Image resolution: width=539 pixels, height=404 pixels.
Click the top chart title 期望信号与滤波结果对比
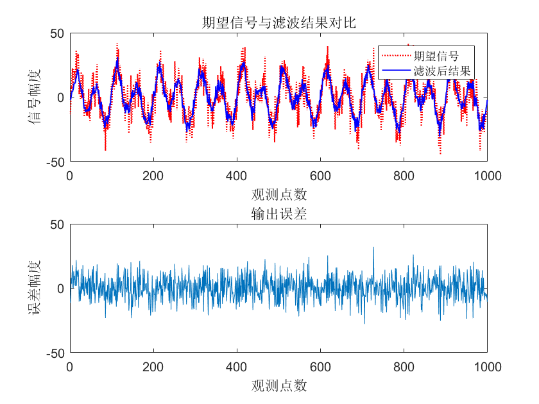point(278,24)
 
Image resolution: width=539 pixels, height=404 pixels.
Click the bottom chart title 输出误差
point(278,215)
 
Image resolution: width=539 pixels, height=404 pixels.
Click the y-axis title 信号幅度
point(35,97)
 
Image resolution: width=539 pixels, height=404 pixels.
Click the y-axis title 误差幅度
point(35,289)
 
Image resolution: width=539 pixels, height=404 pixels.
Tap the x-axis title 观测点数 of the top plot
point(278,194)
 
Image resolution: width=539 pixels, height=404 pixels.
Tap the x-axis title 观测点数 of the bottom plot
point(278,385)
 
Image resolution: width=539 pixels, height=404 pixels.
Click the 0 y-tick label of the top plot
point(61,97)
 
